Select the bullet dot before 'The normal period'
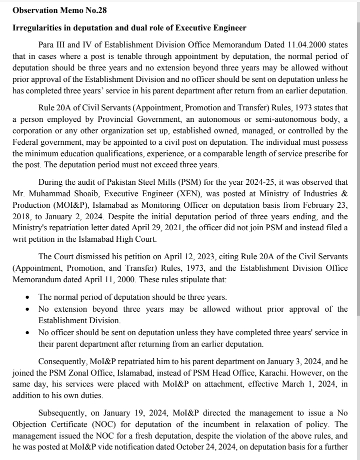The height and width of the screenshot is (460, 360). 27,297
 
